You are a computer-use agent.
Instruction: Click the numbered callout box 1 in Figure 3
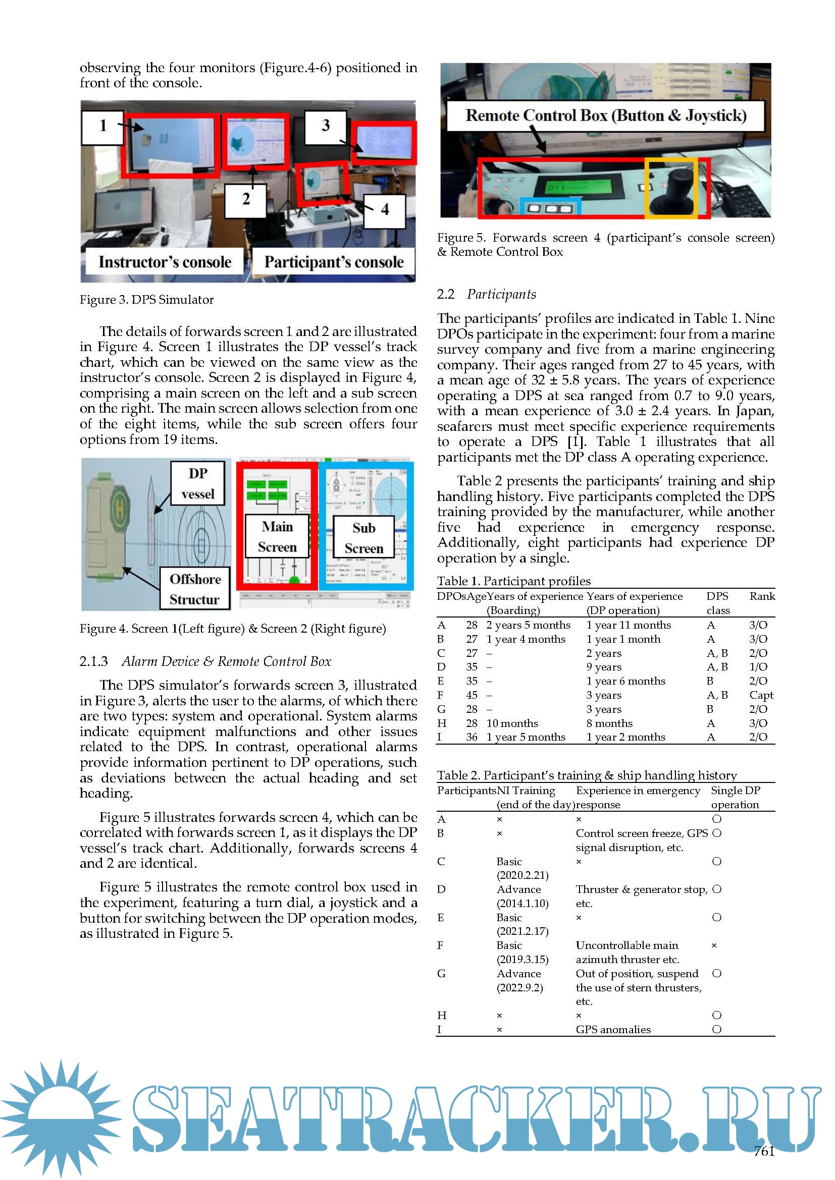(102, 127)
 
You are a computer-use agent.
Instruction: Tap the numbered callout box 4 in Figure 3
(384, 210)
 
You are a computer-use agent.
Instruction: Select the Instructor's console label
(165, 263)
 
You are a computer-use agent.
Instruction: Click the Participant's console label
(334, 263)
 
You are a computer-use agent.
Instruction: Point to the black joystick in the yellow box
(671, 190)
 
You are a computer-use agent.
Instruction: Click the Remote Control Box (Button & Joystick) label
(605, 116)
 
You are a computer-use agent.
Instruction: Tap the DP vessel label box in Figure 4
(198, 483)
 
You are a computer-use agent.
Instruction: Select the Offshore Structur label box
(195, 589)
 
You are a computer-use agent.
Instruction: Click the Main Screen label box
(277, 537)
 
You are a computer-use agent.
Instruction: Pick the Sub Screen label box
(363, 538)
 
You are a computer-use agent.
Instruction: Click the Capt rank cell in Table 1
(760, 695)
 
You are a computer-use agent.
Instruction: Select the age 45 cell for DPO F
(472, 695)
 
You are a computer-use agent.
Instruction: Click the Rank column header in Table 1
(761, 596)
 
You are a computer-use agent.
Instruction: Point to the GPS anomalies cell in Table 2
(613, 1030)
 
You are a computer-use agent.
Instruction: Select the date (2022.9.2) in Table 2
(519, 987)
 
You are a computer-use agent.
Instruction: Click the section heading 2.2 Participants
(486, 295)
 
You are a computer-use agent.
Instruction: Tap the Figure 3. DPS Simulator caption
(146, 300)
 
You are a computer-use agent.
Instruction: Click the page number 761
(764, 1151)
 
